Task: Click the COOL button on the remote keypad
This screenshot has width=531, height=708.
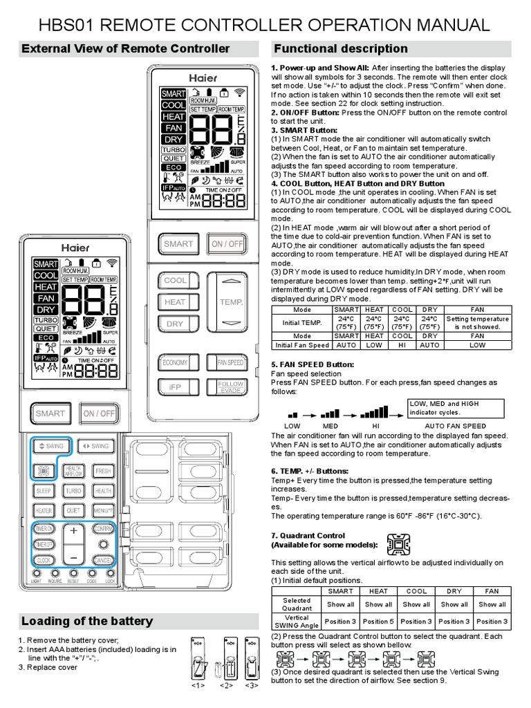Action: click(x=176, y=280)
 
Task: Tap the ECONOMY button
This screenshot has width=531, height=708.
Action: click(x=175, y=362)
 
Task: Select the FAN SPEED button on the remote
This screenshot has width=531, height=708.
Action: click(x=230, y=362)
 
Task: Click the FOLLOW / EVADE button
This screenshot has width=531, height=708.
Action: click(x=230, y=386)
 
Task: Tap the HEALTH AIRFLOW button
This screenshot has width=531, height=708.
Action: click(x=73, y=471)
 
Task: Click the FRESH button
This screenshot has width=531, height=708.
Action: click(x=103, y=471)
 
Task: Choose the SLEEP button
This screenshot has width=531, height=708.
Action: click(x=44, y=491)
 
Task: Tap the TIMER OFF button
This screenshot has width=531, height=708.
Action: click(x=44, y=544)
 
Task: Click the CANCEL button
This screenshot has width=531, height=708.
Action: click(x=102, y=559)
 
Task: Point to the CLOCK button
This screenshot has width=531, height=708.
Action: click(x=44, y=559)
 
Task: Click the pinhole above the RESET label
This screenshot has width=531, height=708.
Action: click(x=73, y=574)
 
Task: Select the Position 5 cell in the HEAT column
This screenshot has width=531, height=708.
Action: click(x=378, y=621)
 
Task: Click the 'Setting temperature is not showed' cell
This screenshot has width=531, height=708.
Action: click(x=477, y=322)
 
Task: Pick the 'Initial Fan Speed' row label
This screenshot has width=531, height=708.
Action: click(x=302, y=344)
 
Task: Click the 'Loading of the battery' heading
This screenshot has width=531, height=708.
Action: click(x=87, y=620)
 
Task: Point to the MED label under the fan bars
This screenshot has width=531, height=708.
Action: click(x=330, y=426)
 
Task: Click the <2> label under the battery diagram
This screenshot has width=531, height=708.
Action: click(x=226, y=685)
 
